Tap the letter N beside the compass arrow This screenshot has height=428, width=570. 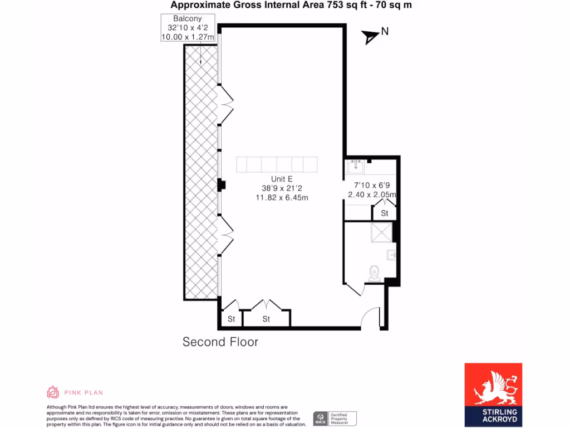pos(385,32)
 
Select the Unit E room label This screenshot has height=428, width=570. pos(282,179)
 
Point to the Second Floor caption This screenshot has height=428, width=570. pos(220,342)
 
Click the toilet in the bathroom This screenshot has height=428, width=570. pos(374,271)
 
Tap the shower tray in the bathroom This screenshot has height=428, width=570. pos(381,233)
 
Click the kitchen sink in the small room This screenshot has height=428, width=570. pos(356,166)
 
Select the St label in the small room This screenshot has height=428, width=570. pos(385,213)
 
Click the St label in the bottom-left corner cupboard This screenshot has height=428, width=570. pos(231,319)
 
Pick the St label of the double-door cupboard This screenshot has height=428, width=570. pos(266,319)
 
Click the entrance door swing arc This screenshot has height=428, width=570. pos(370,318)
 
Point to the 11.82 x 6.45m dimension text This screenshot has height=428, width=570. pos(282,197)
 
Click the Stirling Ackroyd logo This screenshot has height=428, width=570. pos(493,395)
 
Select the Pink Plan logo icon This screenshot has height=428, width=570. pos(53,392)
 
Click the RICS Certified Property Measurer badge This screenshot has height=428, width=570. pos(335,418)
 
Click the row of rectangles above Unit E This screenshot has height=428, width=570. pos(277,165)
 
